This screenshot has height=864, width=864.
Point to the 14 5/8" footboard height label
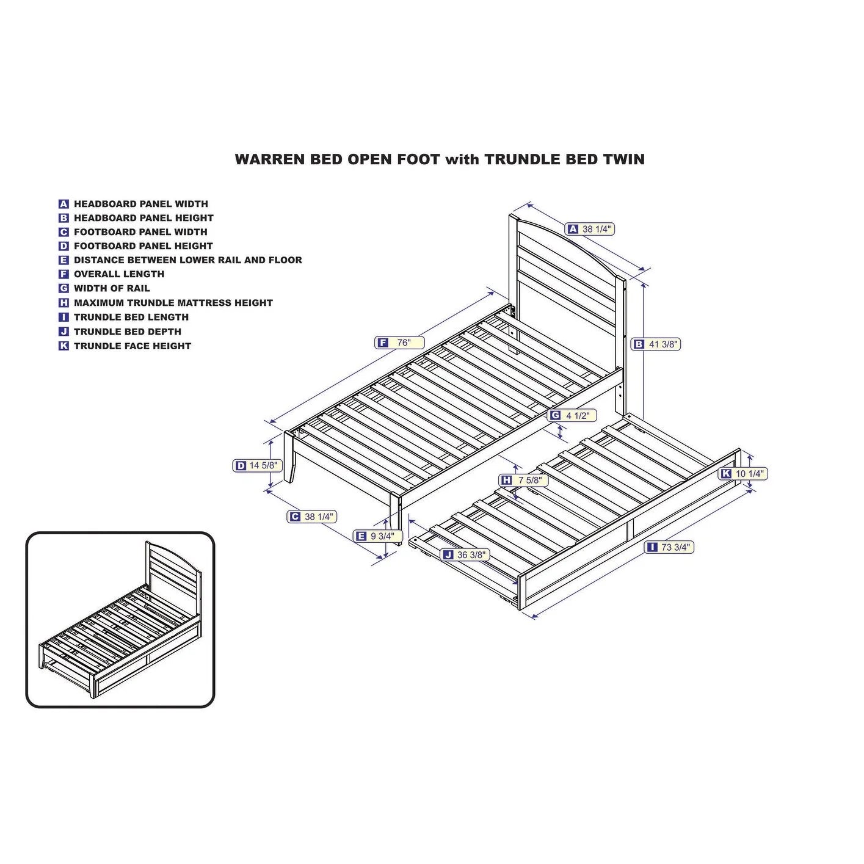[x=258, y=466]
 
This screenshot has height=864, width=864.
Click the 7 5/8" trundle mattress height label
[x=523, y=480]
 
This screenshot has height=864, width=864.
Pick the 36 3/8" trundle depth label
[x=465, y=555]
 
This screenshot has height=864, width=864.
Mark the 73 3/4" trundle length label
[x=669, y=547]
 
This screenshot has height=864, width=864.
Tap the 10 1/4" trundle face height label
[x=743, y=474]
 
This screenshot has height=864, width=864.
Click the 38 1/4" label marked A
[x=590, y=229]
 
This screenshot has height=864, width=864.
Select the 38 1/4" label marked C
[x=312, y=517]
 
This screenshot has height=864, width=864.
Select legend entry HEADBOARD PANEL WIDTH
[x=140, y=204]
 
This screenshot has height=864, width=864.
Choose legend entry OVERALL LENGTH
[x=118, y=274]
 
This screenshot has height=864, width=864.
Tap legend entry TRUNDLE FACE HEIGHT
[x=132, y=346]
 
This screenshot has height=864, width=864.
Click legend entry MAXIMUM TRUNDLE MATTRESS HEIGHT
[x=173, y=303]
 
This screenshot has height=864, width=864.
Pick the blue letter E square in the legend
[x=64, y=260]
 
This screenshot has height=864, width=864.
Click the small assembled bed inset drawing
[x=120, y=620]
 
